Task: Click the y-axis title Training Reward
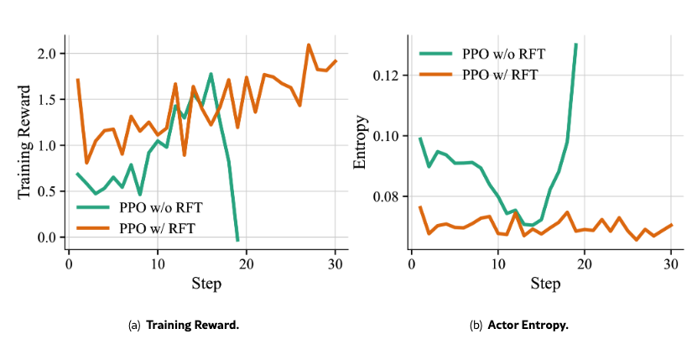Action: [x=25, y=142]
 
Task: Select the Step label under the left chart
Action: [x=206, y=284]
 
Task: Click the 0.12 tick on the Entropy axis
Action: [x=388, y=76]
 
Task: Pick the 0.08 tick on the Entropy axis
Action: [x=388, y=197]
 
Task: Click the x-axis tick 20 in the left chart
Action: [x=247, y=263]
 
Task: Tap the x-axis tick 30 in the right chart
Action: [x=671, y=263]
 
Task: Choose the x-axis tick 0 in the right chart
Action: [x=411, y=263]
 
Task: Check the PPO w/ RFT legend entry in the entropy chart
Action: [x=481, y=74]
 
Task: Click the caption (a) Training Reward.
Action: [x=185, y=325]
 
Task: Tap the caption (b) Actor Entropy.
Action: [x=520, y=325]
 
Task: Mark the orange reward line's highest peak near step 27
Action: [x=309, y=45]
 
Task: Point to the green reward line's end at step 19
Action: [x=237, y=240]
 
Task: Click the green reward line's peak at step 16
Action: [x=211, y=74]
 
